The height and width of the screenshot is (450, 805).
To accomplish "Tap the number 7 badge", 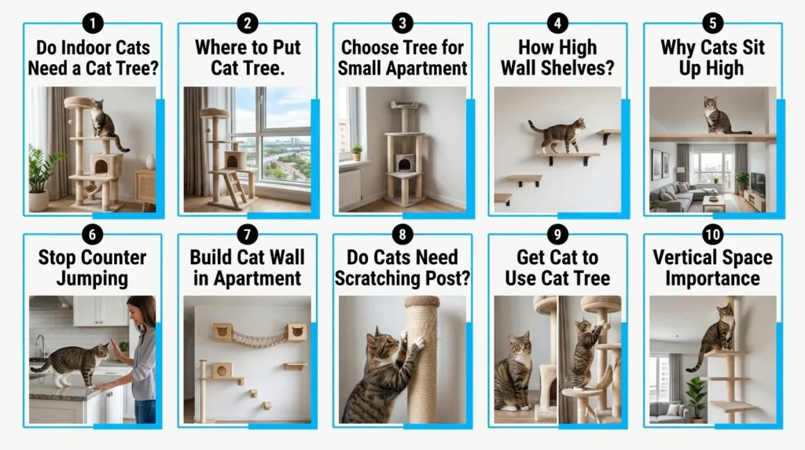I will [x=247, y=234].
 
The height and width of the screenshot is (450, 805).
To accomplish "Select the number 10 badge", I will [x=713, y=234].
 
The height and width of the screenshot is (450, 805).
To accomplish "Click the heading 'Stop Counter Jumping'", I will [x=93, y=267].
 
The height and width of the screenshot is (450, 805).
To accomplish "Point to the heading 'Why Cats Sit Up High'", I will [x=713, y=57].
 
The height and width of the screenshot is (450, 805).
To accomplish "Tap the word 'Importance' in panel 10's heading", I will [x=712, y=278].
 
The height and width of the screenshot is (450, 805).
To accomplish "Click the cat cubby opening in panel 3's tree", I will [x=404, y=164].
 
